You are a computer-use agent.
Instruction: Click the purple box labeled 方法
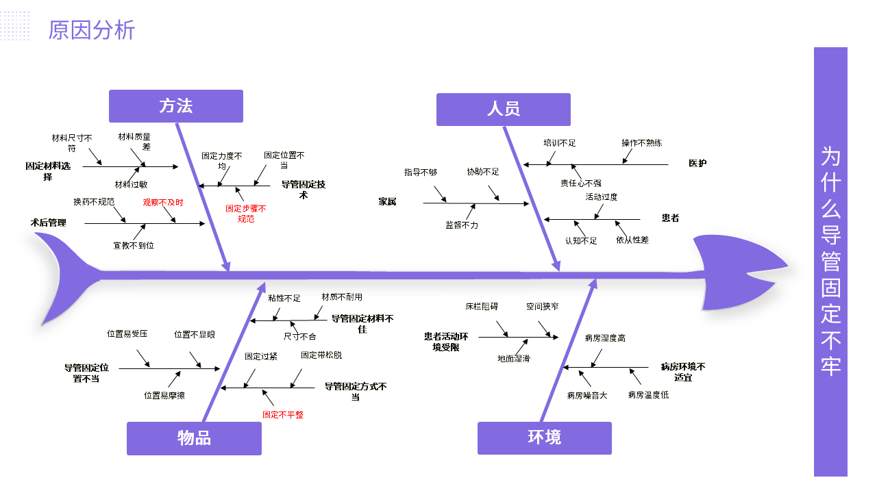[x=176, y=106]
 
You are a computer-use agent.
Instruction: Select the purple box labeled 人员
[x=504, y=110]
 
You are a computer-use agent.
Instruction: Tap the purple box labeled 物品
[x=194, y=438]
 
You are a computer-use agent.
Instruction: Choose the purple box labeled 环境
[x=545, y=438]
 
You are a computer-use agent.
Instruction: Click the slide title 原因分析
[x=92, y=30]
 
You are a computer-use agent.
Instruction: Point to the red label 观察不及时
[x=163, y=202]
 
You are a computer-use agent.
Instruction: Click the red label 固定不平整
[x=283, y=414]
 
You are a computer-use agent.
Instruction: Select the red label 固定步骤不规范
[x=246, y=214]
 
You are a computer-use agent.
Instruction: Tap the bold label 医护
[x=697, y=163]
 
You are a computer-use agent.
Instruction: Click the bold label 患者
[x=670, y=218]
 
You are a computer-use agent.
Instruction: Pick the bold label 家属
[x=387, y=201]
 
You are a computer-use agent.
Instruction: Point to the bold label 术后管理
[x=49, y=223]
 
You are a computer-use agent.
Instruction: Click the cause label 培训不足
[x=560, y=143]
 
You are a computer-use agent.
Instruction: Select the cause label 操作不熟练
[x=642, y=143]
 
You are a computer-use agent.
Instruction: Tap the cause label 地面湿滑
[x=514, y=358]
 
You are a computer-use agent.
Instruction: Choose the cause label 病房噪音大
[x=587, y=395]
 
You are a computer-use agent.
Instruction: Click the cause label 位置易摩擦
[x=164, y=395]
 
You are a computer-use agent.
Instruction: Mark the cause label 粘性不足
[x=284, y=298]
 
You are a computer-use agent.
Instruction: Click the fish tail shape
[x=65, y=274]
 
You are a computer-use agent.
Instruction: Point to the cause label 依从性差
[x=632, y=240]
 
